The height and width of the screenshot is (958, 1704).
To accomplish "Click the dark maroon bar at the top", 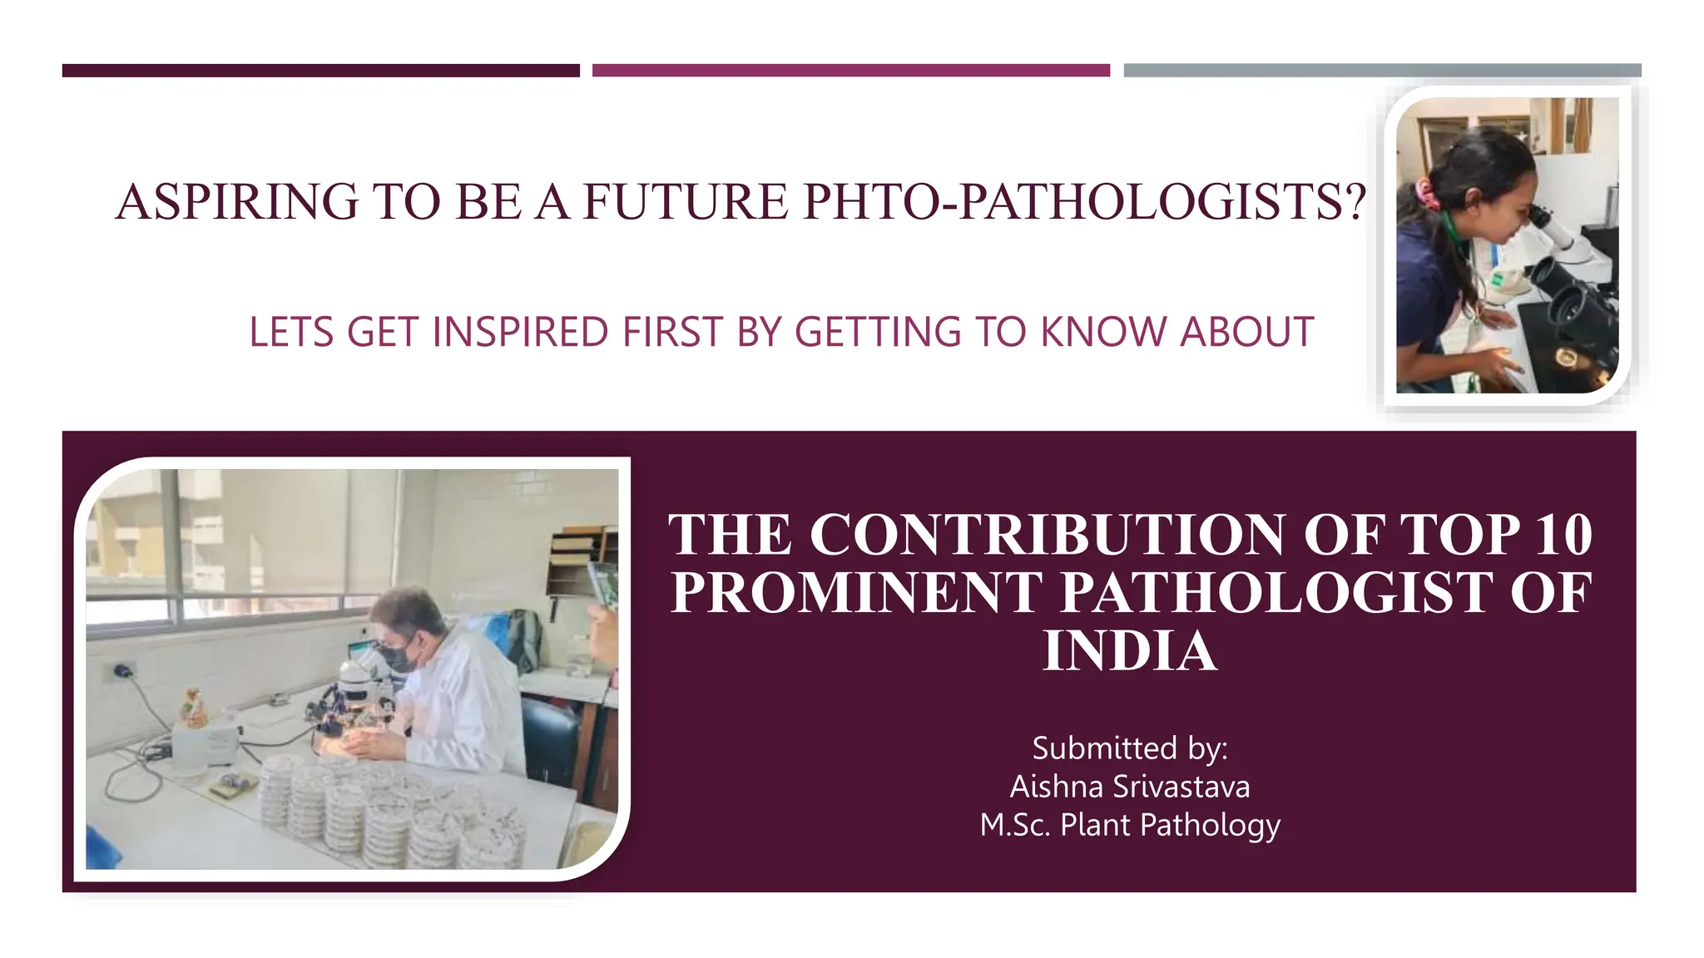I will (x=320, y=71).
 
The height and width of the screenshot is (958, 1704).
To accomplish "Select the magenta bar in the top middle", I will (x=850, y=71).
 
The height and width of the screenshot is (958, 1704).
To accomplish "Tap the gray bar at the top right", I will (x=1382, y=71).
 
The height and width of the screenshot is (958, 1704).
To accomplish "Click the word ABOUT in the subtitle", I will (x=1247, y=332).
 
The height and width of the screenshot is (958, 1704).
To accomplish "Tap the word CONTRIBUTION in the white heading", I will (x=1048, y=534).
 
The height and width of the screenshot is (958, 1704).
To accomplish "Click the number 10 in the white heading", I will (x=1563, y=534).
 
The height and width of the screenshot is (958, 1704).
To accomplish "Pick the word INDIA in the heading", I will (x=1130, y=650).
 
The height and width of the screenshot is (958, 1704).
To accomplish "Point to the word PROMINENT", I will (x=856, y=592).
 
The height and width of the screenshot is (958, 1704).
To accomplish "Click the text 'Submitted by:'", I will (x=1130, y=748).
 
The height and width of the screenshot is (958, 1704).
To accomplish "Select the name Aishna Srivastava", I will (x=1130, y=787).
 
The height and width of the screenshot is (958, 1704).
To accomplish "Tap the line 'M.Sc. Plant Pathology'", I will (x=1130, y=825).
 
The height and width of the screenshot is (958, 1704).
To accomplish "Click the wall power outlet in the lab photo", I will (x=122, y=670).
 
